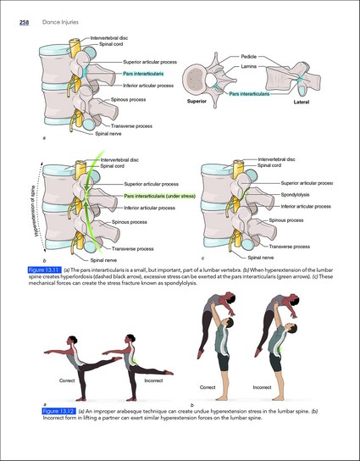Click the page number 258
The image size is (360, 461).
[24, 22]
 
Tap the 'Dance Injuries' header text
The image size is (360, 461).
[60, 22]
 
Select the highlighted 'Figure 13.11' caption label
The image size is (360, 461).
[45, 269]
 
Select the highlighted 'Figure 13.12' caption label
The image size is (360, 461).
[59, 411]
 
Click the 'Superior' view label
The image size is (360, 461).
[197, 101]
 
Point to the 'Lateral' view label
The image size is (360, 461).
[302, 102]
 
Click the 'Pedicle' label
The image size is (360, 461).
[249, 57]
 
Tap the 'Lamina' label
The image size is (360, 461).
[249, 66]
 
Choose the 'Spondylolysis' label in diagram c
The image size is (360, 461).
[295, 195]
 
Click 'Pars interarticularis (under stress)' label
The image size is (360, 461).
[159, 196]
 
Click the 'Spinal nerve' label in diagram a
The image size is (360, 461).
[108, 134]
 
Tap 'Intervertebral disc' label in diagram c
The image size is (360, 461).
[276, 159]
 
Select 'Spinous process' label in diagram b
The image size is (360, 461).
[130, 222]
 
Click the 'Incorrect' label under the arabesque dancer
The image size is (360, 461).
[153, 380]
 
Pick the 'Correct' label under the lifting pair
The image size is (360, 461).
[208, 387]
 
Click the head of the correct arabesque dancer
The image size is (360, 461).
[72, 340]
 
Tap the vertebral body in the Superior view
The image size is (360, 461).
[194, 79]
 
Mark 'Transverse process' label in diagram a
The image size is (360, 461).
[131, 126]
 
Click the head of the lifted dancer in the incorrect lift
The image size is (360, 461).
[294, 300]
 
